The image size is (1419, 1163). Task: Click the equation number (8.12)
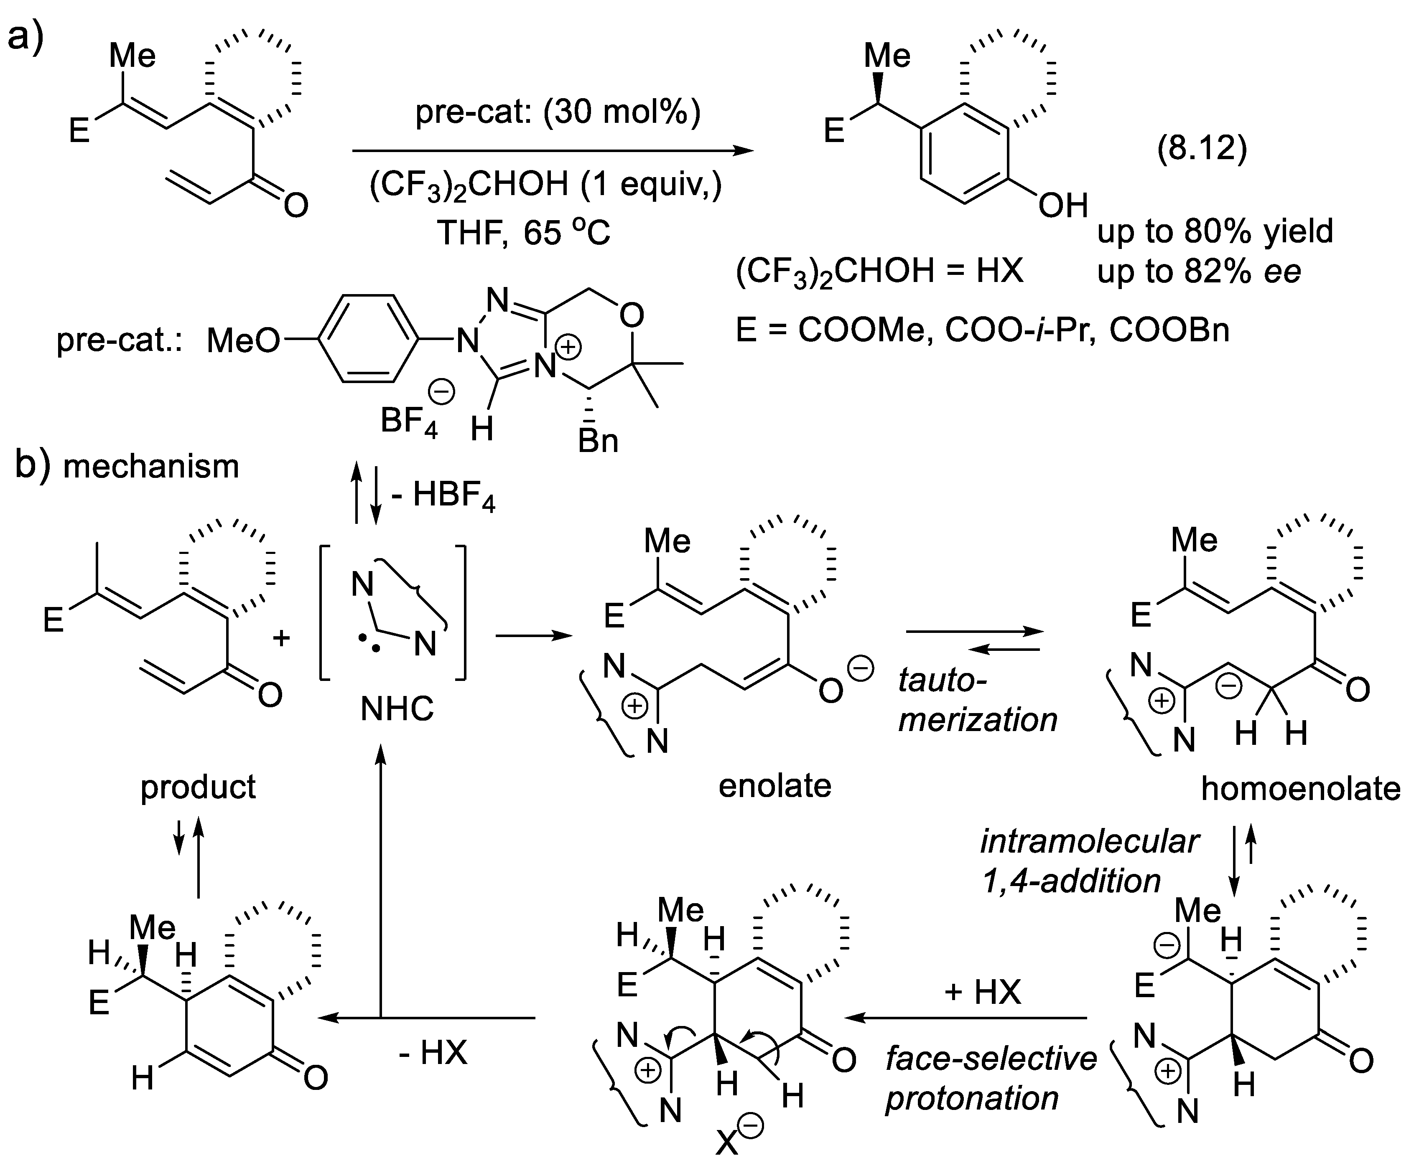1202,148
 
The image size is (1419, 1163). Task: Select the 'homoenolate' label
1300,789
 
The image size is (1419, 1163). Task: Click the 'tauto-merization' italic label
977,700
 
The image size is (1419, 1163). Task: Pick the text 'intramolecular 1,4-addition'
1089,861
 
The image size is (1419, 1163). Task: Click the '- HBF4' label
444,496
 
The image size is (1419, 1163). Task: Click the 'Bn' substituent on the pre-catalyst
598,441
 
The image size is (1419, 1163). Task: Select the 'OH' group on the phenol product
1062,205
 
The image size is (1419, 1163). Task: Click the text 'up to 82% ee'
1198,271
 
